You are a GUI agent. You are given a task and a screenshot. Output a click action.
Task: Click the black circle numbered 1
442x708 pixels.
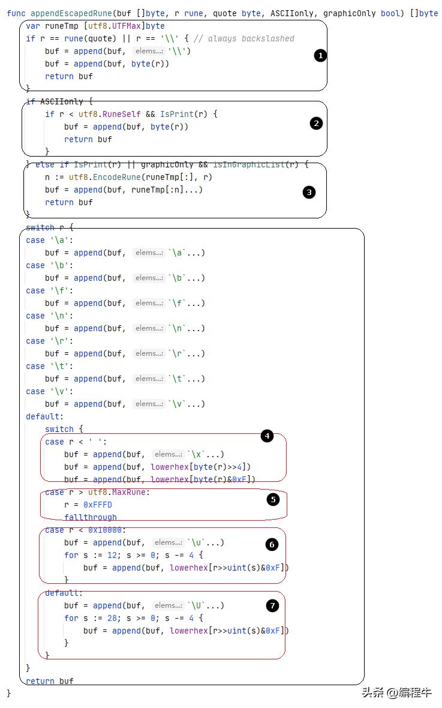click(x=320, y=56)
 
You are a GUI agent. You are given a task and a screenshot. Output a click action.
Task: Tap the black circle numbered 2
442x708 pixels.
click(x=316, y=123)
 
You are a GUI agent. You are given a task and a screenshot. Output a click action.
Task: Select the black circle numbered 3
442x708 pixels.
click(x=309, y=193)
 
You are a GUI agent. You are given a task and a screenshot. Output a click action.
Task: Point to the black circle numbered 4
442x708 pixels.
click(x=267, y=436)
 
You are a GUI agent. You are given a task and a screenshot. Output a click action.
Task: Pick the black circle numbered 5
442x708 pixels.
click(x=273, y=499)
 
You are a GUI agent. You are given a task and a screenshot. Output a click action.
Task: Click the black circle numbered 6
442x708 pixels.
click(x=272, y=545)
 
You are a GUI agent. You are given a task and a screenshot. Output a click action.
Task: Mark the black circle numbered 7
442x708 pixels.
click(x=272, y=605)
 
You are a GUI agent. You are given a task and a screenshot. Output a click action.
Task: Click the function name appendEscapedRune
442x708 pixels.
click(x=71, y=14)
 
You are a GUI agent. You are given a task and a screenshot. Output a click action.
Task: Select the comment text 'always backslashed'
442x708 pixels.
click(x=251, y=39)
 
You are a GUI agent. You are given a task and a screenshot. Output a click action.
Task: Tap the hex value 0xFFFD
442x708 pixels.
click(x=98, y=505)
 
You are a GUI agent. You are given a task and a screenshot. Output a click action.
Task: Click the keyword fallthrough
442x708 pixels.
click(x=91, y=517)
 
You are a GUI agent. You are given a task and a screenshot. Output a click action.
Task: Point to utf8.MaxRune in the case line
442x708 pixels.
click(x=117, y=492)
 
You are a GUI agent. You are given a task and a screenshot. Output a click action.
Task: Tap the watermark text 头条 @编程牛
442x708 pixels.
click(x=396, y=692)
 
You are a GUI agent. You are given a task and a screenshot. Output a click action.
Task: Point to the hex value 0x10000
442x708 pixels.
click(x=105, y=530)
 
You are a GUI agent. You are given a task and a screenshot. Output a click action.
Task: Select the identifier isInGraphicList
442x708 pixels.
click(x=249, y=164)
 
